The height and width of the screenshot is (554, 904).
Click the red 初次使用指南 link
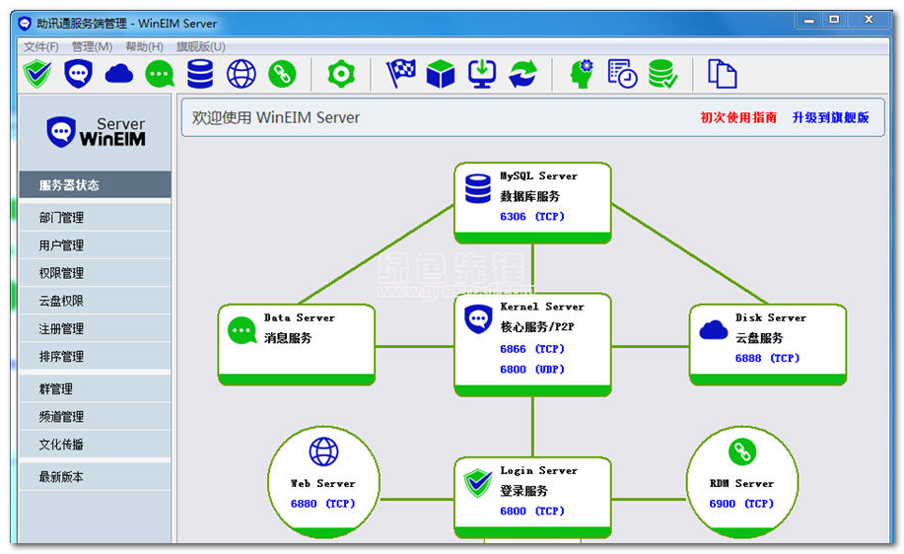tap(738, 117)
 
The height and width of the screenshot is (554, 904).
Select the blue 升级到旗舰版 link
tap(830, 117)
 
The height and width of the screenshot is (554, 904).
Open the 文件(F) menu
tap(41, 46)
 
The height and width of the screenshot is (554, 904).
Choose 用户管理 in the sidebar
tap(61, 245)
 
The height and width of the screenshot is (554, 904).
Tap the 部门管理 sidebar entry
tap(61, 217)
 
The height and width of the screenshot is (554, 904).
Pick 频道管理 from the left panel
tap(61, 416)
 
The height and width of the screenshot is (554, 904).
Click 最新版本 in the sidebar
tap(61, 477)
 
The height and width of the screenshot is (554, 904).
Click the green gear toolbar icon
tap(341, 74)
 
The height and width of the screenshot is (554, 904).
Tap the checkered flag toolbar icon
tap(401, 74)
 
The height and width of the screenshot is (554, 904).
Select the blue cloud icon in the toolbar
tap(119, 74)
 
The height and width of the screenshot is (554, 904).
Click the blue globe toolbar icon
tap(241, 74)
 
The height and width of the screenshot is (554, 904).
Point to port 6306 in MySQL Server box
tap(513, 217)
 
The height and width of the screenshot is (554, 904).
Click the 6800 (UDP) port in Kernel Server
tap(532, 370)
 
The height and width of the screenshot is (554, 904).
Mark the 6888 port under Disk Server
tap(748, 359)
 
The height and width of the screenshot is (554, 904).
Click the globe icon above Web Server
tap(324, 451)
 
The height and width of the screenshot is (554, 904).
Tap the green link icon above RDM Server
tap(742, 451)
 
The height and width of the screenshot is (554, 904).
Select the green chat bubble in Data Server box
tap(243, 331)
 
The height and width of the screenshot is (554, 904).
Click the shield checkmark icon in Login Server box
tap(478, 483)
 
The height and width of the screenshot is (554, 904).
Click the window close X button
tap(869, 20)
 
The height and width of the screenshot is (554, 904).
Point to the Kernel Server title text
tap(542, 307)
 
